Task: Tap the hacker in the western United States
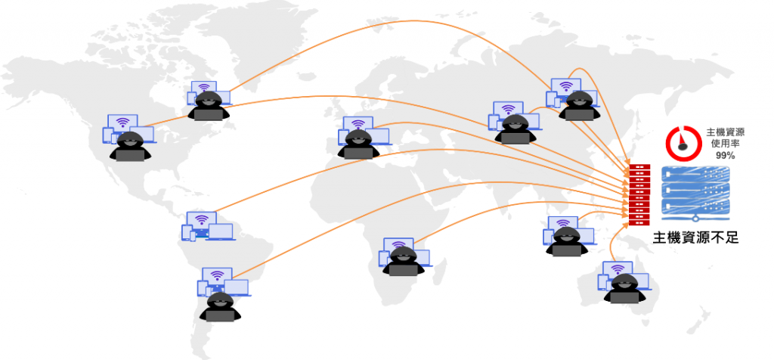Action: (x=131, y=146)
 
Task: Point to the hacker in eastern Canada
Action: (x=207, y=105)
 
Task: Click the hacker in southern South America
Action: (x=219, y=306)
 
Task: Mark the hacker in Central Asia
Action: (x=516, y=128)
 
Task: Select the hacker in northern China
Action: (x=578, y=105)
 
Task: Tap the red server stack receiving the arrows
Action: (x=639, y=194)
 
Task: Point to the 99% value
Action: (x=726, y=155)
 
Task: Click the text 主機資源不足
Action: (x=695, y=237)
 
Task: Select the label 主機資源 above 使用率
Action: (x=726, y=132)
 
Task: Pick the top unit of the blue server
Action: (x=695, y=175)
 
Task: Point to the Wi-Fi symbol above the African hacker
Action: (x=401, y=244)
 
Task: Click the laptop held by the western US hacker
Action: (x=131, y=155)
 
